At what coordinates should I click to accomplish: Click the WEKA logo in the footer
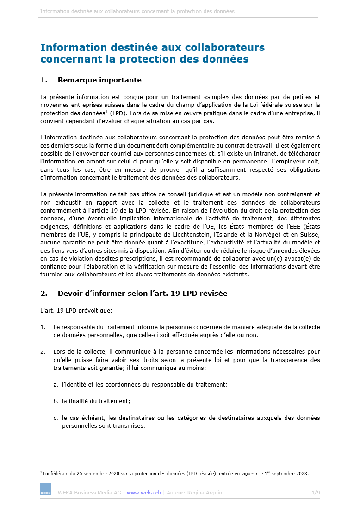(46, 489)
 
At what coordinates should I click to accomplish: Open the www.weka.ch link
(144, 493)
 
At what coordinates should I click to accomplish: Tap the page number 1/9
(316, 493)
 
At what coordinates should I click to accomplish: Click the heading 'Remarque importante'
(99, 80)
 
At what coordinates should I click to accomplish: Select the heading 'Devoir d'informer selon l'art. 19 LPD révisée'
(143, 294)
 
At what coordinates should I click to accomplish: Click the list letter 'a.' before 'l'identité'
(56, 384)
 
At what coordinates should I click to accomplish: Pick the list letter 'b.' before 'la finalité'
(56, 401)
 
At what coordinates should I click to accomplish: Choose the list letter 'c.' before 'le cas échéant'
(56, 418)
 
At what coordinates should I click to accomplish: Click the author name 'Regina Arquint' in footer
(206, 493)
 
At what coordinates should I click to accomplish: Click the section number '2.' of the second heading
(44, 294)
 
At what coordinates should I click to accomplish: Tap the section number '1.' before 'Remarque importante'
(44, 80)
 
